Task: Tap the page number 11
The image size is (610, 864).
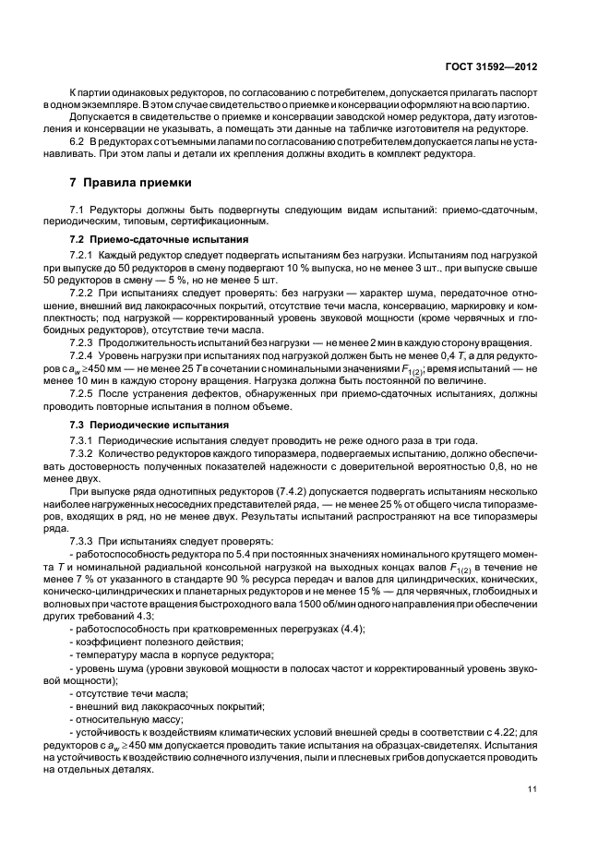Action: pos(532,788)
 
